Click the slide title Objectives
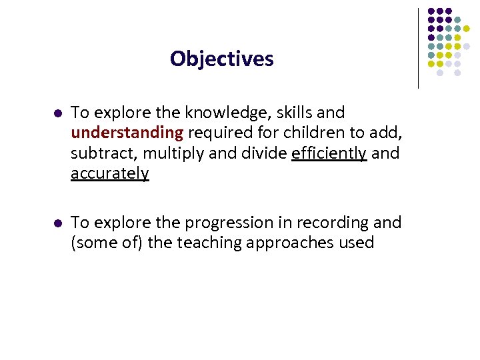221,59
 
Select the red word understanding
127,133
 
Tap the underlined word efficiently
329,153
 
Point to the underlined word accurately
110,174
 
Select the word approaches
291,243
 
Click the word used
358,243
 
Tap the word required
219,133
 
